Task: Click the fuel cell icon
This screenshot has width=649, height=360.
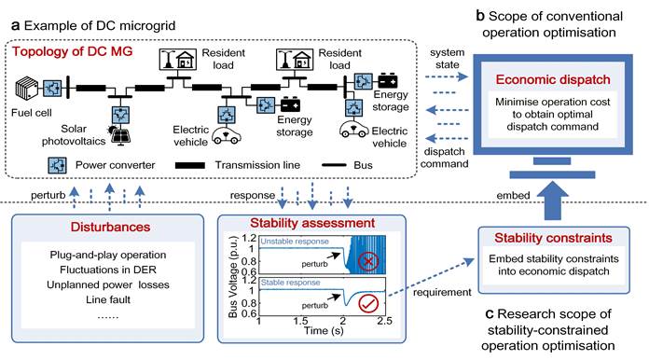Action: (x=27, y=89)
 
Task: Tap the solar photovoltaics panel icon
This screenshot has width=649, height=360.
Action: (x=120, y=135)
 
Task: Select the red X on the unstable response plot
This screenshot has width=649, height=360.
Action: (x=368, y=261)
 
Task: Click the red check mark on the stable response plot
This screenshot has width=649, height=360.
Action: (x=368, y=303)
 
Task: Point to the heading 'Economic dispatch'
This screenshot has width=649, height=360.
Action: (x=553, y=79)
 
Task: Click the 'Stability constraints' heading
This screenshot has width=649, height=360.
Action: (x=553, y=238)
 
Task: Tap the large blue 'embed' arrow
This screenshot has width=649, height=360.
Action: (x=553, y=201)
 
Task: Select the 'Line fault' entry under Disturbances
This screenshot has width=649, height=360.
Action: (x=108, y=299)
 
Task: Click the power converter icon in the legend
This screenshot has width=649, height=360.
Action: (x=58, y=165)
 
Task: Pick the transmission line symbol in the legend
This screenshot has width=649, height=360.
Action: (x=190, y=165)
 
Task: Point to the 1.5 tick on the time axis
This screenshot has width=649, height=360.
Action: (x=300, y=321)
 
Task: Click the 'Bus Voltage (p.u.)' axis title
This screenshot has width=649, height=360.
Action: (x=232, y=276)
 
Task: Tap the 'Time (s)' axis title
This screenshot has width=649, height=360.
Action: (x=324, y=330)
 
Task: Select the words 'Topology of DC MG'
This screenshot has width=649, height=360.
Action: (x=72, y=51)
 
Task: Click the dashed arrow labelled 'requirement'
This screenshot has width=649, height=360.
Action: (x=431, y=277)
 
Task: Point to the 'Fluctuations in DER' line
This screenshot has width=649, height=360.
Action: (x=108, y=270)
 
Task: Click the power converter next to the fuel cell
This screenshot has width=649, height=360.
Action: (x=52, y=89)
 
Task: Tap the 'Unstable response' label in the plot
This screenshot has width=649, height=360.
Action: (x=295, y=242)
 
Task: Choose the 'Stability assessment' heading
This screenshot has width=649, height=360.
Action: (x=312, y=223)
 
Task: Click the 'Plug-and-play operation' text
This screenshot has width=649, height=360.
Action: (x=108, y=255)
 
